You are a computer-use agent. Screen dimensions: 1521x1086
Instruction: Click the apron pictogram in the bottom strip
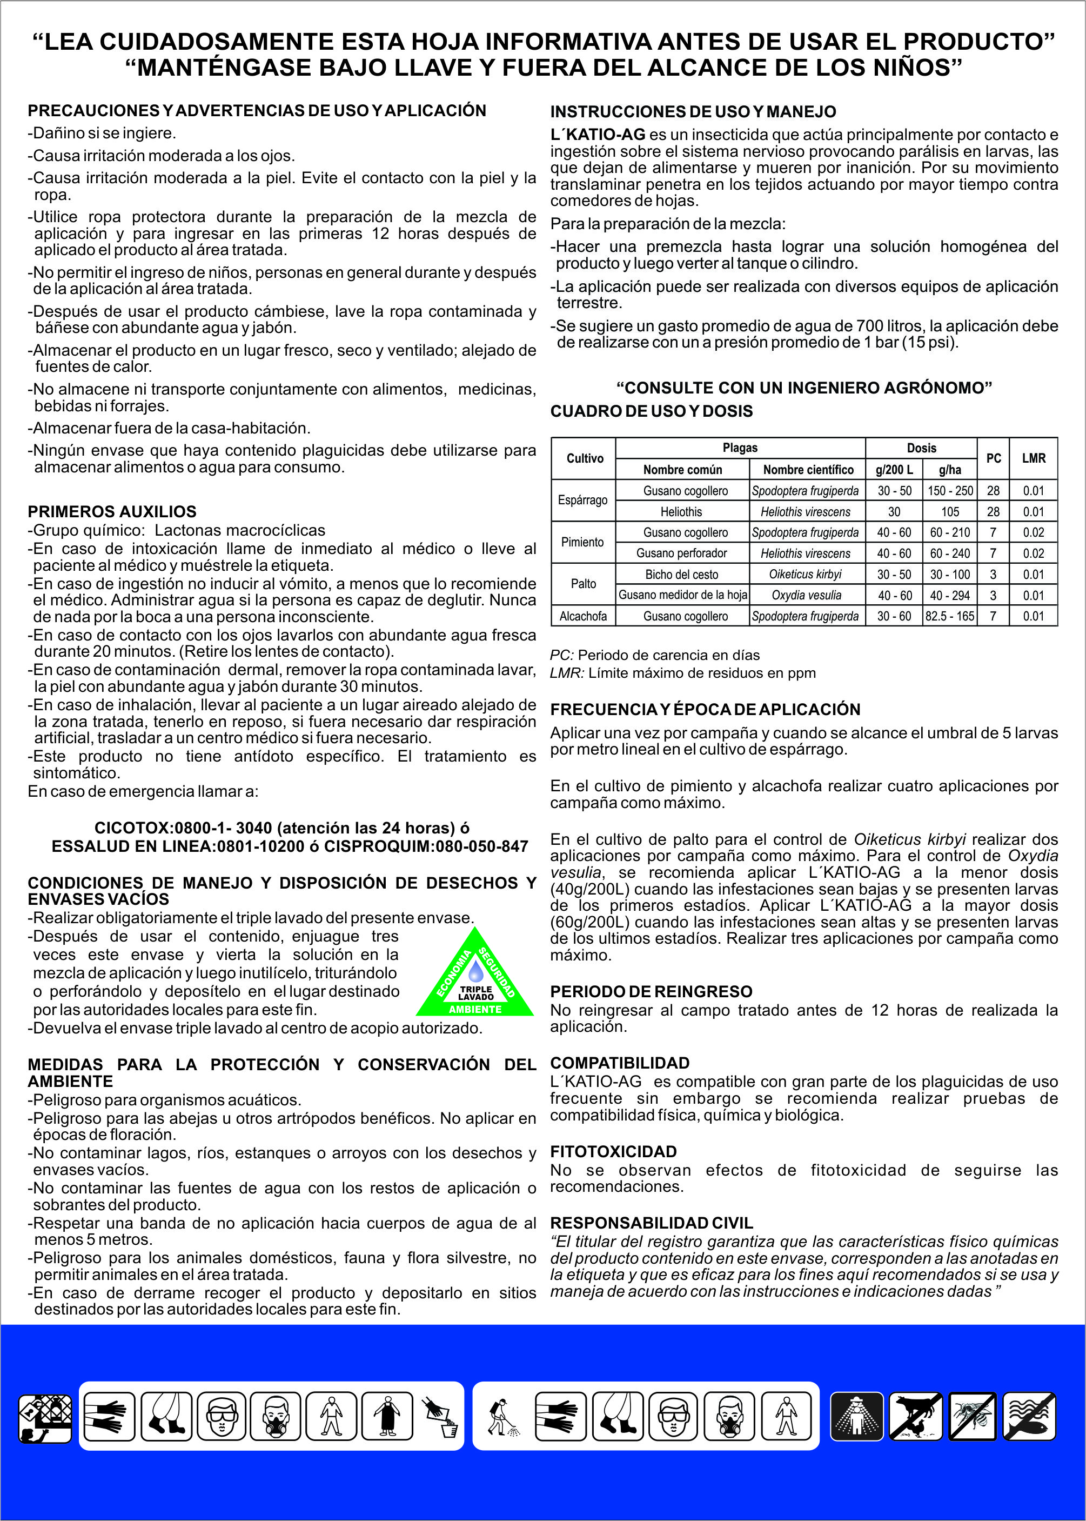tap(386, 1416)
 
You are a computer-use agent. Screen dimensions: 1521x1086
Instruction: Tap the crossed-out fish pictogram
tap(1030, 1416)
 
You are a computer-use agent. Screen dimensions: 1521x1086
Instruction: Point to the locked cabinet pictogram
tap(45, 1417)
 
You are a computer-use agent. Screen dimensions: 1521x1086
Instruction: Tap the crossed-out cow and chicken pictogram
tap(915, 1416)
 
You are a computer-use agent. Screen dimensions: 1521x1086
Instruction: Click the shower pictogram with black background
tap(856, 1416)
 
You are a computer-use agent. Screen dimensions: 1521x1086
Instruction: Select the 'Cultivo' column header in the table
tap(585, 458)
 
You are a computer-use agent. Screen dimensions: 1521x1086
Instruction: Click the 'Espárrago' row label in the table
tap(583, 501)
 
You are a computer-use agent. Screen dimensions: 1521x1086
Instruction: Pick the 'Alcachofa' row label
tap(583, 616)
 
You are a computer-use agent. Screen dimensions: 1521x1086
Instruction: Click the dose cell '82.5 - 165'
tap(950, 616)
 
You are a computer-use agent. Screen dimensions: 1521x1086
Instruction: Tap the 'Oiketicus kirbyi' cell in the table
tap(805, 574)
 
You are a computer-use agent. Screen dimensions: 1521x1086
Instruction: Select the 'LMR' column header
tap(1033, 458)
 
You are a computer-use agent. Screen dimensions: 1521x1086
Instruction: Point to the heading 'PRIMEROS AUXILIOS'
tap(112, 512)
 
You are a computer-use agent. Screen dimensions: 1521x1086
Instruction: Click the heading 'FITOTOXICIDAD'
tap(613, 1152)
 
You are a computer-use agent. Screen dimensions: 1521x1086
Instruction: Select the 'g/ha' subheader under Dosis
tap(950, 470)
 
